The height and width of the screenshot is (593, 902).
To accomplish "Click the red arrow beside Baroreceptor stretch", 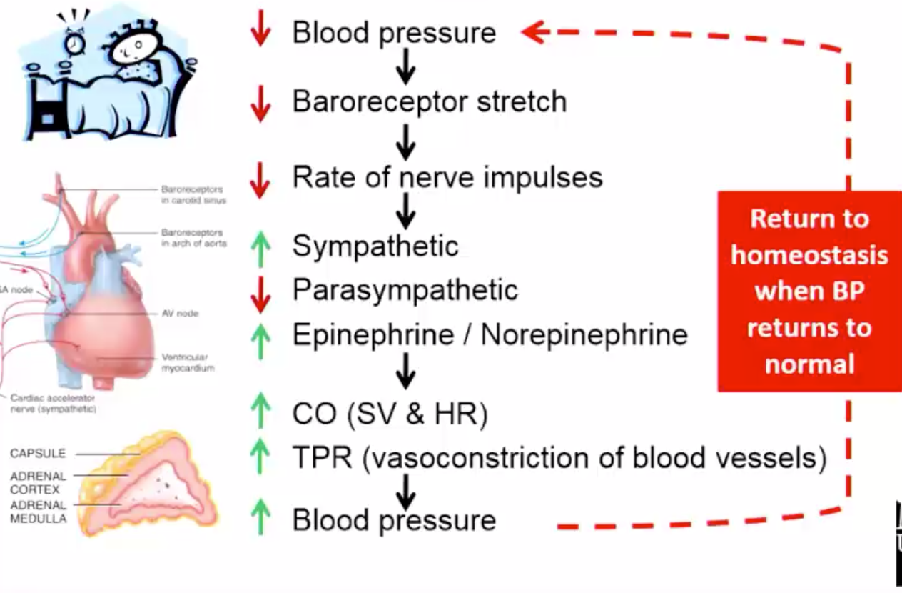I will (x=261, y=104).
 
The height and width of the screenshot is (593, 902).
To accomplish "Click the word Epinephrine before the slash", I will (x=373, y=334).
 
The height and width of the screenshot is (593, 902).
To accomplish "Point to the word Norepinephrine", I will (x=584, y=334).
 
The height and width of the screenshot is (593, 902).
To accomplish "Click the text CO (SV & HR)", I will (x=390, y=414).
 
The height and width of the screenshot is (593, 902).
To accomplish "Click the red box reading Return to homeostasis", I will (x=809, y=291).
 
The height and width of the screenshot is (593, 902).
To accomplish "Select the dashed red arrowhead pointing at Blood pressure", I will (x=535, y=32).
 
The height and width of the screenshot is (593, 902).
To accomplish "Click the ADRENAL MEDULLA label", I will (x=38, y=512).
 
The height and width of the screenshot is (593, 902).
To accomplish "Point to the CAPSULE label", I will (x=38, y=454).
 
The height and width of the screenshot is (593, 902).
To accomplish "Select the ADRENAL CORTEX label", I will (x=38, y=483).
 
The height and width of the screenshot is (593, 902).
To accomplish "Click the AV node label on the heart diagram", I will (x=181, y=313).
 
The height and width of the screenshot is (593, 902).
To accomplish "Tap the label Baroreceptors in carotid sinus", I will (x=193, y=194).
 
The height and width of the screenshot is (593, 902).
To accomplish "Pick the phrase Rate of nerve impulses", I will (x=447, y=177).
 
